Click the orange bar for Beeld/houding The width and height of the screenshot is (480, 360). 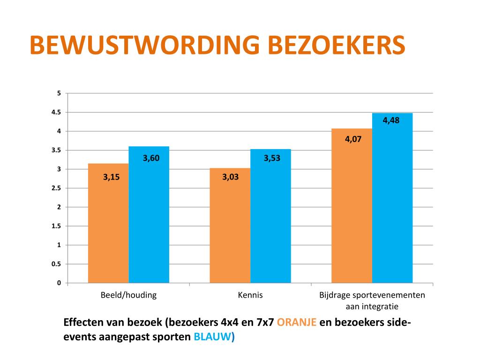pos(108,223)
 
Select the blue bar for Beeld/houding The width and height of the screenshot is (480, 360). pos(149,215)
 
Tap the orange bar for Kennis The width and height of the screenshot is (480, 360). pos(230,225)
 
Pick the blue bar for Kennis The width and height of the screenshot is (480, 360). pos(270,216)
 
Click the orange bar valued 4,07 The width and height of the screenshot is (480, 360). pos(352,206)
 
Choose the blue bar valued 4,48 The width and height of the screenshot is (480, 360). pos(392,198)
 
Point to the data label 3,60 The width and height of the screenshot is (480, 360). pos(151,158)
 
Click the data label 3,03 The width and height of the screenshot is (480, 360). pos(230,177)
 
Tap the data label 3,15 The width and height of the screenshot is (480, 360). pos(111,177)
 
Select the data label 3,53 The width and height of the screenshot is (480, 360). pos(272,158)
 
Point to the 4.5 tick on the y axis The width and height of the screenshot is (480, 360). pos(56,112)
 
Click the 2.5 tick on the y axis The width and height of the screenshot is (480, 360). pos(56,188)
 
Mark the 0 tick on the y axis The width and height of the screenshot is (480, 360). pos(59,283)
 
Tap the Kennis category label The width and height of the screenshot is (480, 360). pos(250,295)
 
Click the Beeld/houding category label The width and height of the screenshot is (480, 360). pos(128,295)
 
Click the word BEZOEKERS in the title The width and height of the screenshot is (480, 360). pos(337,45)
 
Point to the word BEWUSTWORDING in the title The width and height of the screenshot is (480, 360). pos(145,45)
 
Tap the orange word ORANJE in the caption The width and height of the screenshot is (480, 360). pos(296,322)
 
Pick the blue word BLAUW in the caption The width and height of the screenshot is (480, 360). pos(213,337)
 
